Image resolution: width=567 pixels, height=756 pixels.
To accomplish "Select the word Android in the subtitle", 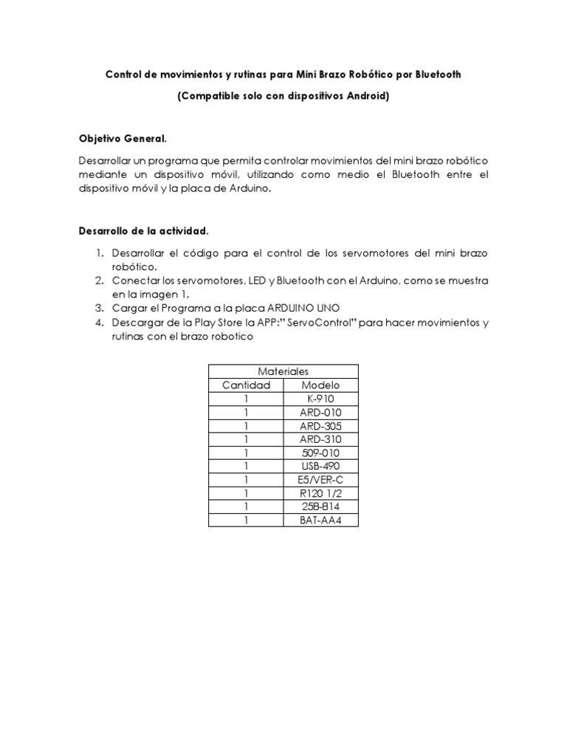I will click(x=362, y=97).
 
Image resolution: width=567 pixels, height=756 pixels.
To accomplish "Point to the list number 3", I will click(x=99, y=309).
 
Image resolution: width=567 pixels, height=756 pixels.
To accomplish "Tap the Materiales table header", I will click(x=283, y=371).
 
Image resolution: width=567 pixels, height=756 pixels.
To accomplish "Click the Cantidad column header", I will click(x=247, y=385).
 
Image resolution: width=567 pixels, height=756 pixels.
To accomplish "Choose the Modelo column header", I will click(x=321, y=385).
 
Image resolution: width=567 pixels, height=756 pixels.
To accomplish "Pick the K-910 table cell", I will click(x=321, y=399).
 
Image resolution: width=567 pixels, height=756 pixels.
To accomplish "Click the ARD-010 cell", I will click(x=321, y=412).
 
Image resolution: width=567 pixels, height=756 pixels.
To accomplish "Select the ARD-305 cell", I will click(x=321, y=426).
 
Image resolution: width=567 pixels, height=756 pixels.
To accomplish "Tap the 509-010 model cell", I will click(x=321, y=453).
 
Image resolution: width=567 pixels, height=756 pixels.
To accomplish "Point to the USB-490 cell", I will click(x=321, y=466).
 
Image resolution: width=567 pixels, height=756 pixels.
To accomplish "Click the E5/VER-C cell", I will click(x=321, y=480).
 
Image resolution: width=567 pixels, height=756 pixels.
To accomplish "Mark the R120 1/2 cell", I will click(x=321, y=493).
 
